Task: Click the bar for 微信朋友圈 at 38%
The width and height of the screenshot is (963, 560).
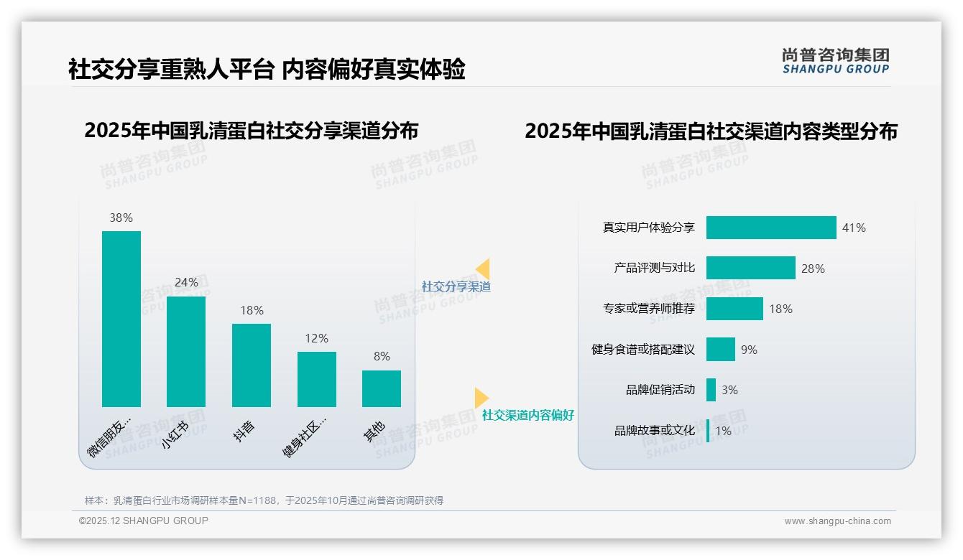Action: (121, 319)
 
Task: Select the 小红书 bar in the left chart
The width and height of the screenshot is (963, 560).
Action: (186, 352)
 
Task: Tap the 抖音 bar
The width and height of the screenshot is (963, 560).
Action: (252, 365)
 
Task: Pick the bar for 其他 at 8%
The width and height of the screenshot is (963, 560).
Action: (382, 388)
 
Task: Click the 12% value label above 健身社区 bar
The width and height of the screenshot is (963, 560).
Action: (316, 338)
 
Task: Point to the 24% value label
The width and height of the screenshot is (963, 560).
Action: (186, 282)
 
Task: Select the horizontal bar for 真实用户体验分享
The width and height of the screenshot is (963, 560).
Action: (771, 228)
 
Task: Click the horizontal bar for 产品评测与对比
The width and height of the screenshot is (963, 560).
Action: (750, 268)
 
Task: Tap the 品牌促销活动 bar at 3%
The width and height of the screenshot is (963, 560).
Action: (711, 390)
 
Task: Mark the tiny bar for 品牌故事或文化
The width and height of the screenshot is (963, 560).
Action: (708, 431)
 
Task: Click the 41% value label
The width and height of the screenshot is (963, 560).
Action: (854, 228)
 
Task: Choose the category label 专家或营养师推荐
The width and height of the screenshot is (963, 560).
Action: (649, 309)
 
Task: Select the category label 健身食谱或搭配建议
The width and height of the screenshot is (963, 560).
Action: (643, 350)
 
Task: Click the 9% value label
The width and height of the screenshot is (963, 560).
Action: (749, 350)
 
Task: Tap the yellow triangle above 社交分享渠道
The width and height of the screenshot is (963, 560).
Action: (484, 269)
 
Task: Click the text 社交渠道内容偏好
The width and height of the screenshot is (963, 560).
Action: (528, 415)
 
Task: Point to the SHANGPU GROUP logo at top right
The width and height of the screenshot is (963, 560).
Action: (836, 61)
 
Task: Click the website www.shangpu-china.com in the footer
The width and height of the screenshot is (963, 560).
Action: (837, 521)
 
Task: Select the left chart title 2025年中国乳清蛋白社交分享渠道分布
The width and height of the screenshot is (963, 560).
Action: (252, 131)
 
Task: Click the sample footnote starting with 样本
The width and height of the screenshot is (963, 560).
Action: (264, 500)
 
